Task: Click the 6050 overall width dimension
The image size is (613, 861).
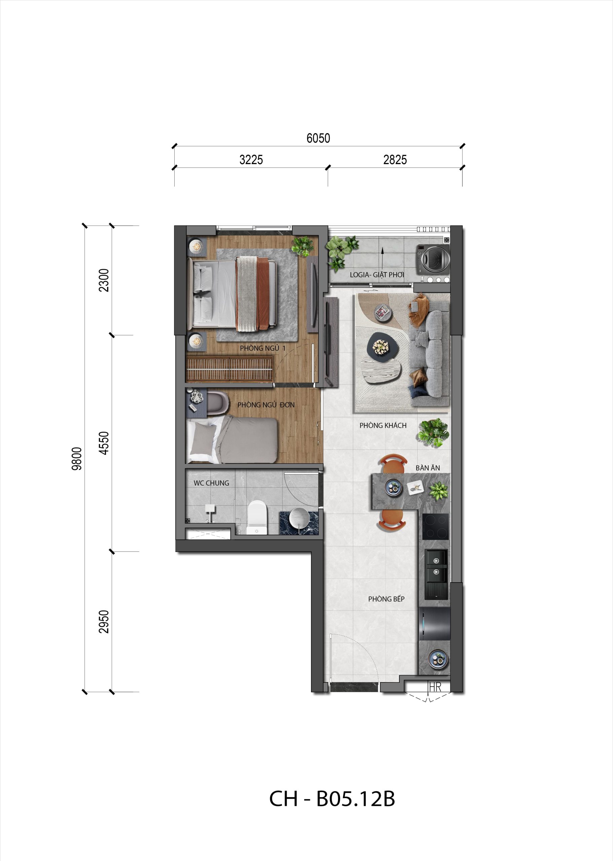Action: [x=318, y=138]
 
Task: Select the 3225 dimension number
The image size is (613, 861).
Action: [x=251, y=160]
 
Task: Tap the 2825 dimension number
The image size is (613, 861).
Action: [x=395, y=160]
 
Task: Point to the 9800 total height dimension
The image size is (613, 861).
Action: [x=77, y=458]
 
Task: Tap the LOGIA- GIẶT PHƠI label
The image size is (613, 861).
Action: [x=377, y=275]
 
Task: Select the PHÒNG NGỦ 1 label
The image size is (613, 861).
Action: [x=263, y=348]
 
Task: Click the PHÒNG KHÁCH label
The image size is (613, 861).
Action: [x=383, y=425]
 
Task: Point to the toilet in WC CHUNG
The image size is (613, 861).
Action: [x=257, y=517]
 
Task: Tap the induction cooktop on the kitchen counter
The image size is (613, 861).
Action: [x=435, y=526]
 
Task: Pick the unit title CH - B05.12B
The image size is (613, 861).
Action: [x=332, y=799]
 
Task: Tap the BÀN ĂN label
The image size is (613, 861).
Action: [x=428, y=468]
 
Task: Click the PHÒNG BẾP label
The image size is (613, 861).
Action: [x=386, y=599]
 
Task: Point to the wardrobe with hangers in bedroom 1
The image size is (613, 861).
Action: [x=230, y=369]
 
